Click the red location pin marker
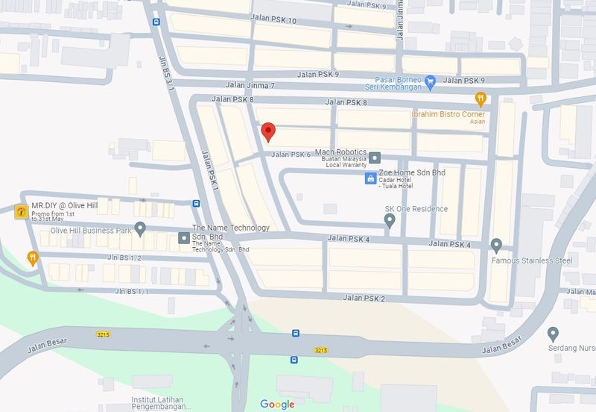(x=269, y=131)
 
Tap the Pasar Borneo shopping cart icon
(x=429, y=81)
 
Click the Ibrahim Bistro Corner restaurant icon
(x=481, y=98)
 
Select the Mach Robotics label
(x=341, y=152)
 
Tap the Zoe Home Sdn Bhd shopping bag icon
(x=370, y=178)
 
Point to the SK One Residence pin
(x=389, y=220)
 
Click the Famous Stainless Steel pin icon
(x=497, y=245)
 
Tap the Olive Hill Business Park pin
(x=140, y=228)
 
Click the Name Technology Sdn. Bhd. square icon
(x=184, y=238)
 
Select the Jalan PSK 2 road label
(x=364, y=299)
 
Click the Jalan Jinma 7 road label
(x=252, y=86)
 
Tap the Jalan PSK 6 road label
(x=291, y=154)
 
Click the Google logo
(x=277, y=405)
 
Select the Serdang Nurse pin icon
(x=553, y=333)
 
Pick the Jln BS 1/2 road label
(x=124, y=257)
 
